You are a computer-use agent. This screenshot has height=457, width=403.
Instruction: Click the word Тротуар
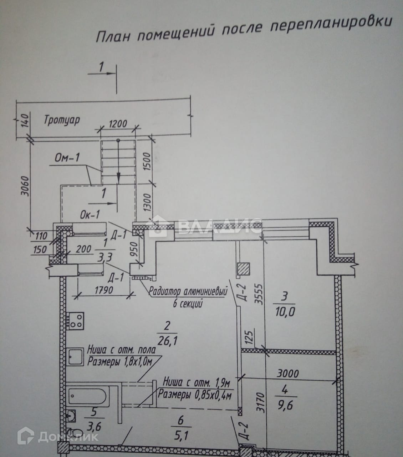click(x=62, y=120)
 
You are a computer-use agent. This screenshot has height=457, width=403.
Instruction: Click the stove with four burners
click(x=76, y=320)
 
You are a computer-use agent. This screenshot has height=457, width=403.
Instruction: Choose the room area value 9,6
click(x=284, y=406)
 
